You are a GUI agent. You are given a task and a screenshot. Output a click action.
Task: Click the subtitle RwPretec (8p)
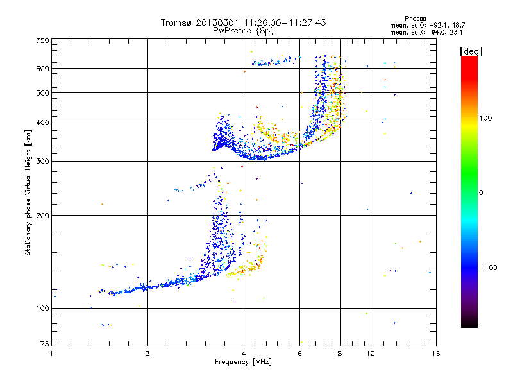(x=243, y=31)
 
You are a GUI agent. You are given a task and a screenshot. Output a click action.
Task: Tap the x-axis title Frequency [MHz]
(x=243, y=362)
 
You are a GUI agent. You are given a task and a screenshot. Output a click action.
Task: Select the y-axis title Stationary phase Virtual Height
(x=28, y=193)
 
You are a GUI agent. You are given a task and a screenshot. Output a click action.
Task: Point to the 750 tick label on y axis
(x=43, y=40)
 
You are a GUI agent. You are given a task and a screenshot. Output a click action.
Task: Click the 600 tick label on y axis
(x=43, y=69)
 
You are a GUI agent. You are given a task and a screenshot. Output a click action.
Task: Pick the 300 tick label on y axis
(x=43, y=162)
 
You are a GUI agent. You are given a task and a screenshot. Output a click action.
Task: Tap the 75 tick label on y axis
(x=45, y=344)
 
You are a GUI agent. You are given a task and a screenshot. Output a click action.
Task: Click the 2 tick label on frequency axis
(x=147, y=354)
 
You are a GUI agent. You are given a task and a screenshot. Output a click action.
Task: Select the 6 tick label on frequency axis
(x=299, y=354)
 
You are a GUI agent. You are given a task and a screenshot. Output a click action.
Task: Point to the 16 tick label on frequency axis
(x=436, y=354)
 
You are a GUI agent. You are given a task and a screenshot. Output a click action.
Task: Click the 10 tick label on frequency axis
(x=371, y=354)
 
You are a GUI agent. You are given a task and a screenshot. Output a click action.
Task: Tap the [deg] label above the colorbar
(x=471, y=52)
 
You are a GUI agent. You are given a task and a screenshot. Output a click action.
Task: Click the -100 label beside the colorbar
(x=489, y=268)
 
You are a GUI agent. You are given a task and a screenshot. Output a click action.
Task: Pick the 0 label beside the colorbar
(x=481, y=193)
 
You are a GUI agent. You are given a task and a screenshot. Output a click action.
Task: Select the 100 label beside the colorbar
(x=485, y=118)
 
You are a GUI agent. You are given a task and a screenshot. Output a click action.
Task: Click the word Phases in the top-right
(x=415, y=19)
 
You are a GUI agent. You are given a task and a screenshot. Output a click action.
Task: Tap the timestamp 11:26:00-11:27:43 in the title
(x=285, y=22)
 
